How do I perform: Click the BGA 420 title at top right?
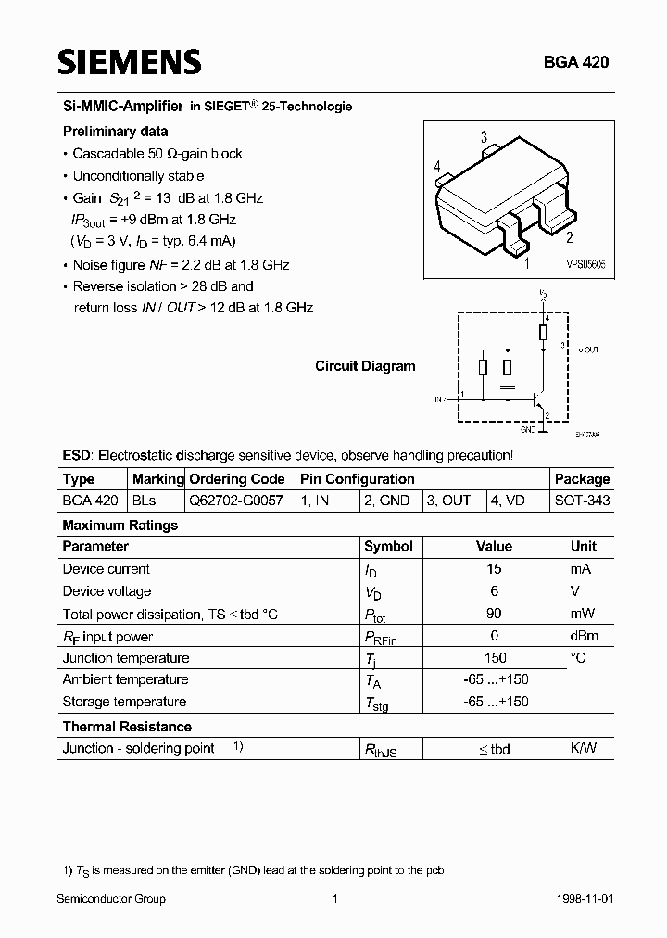576,62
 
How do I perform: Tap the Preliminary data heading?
115,132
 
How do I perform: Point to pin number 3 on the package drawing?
484,138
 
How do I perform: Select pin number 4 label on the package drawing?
436,167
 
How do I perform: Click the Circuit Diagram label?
365,366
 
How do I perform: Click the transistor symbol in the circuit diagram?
537,400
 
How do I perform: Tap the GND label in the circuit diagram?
528,430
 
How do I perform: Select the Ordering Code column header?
237,479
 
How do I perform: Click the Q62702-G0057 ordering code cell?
237,501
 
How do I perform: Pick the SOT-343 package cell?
582,501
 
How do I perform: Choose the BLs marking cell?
145,501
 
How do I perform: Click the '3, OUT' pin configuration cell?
448,501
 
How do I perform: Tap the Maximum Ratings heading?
120,526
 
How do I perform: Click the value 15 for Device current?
494,569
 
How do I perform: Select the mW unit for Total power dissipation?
583,614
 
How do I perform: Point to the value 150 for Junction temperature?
494,658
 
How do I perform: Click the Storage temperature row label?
124,702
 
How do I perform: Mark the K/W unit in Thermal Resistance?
583,749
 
